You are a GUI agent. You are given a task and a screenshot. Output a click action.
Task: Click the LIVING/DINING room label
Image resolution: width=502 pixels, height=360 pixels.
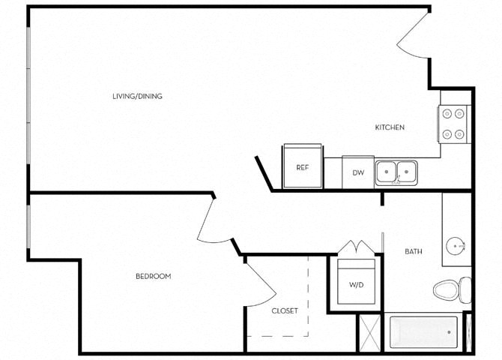pyautogui.click(x=137, y=96)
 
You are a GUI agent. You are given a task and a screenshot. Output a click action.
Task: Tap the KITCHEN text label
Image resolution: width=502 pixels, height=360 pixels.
pyautogui.click(x=390, y=127)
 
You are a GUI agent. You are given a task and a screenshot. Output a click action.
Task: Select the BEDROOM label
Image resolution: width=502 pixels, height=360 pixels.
pyautogui.click(x=153, y=277)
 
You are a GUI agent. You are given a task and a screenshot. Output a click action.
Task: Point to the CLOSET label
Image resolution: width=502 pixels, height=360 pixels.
pyautogui.click(x=285, y=310)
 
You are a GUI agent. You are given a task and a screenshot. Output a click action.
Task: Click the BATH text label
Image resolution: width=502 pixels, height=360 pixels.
pyautogui.click(x=414, y=252)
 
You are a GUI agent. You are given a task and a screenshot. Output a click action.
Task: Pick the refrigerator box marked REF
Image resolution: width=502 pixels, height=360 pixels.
pyautogui.click(x=303, y=167)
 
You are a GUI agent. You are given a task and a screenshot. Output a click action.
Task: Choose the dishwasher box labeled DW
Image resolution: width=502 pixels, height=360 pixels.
pyautogui.click(x=358, y=172)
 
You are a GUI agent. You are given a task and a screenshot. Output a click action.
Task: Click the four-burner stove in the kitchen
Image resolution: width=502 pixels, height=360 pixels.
pyautogui.click(x=453, y=124)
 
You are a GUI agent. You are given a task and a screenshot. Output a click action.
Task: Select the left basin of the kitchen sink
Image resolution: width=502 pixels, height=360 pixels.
pyautogui.click(x=387, y=171)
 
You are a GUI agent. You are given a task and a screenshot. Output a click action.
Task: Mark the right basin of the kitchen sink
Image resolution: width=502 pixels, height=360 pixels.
pyautogui.click(x=407, y=171)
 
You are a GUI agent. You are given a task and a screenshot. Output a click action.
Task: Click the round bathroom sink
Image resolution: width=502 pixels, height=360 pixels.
pyautogui.click(x=456, y=245)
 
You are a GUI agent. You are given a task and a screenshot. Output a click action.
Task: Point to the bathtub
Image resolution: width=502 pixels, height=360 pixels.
pyautogui.click(x=423, y=331)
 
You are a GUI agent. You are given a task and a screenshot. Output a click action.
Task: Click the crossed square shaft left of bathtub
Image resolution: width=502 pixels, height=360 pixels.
pyautogui.click(x=369, y=331)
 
